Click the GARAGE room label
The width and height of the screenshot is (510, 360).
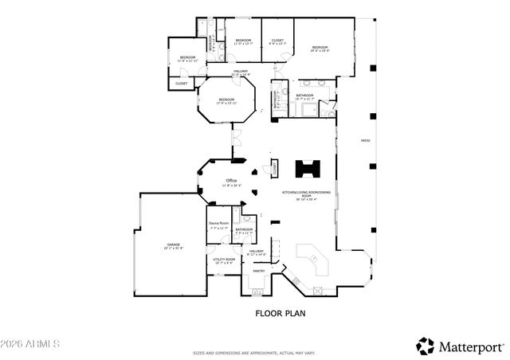pos(173,245)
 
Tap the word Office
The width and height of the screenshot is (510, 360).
pos(232,181)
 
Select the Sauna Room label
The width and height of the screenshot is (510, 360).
pos(218,224)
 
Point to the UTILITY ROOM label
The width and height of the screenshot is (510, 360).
pos(223,259)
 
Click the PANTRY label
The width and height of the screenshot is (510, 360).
pos(259,271)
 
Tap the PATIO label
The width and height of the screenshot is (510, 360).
pos(365,141)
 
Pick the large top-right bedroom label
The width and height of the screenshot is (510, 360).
pos(320,47)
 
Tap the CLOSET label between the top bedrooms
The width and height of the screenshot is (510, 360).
pos(277,40)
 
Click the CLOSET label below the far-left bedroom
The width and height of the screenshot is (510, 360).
pos(182,83)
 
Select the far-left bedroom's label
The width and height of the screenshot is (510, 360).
pos(187,57)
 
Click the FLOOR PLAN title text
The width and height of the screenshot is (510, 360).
pos(280,313)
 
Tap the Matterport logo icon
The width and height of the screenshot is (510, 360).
pos(426,346)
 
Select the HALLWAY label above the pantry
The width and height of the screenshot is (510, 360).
pos(257,251)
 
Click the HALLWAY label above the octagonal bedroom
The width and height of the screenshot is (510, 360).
pos(240,72)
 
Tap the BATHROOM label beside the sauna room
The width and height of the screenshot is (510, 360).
pos(244,229)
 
